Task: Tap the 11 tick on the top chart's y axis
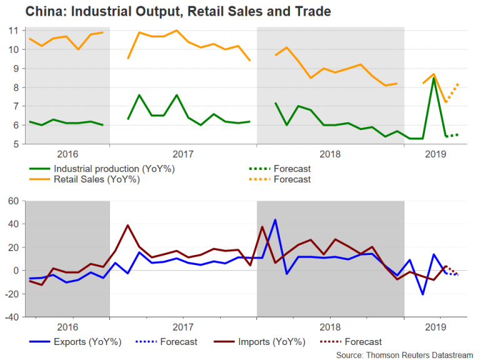point(13,30)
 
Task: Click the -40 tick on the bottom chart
point(11,317)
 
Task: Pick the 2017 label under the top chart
point(182,155)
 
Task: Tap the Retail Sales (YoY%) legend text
point(97,179)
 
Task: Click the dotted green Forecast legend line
point(259,169)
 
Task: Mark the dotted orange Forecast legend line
point(259,179)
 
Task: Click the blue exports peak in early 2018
point(275,220)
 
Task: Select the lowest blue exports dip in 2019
point(422,294)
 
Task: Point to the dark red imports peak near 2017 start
point(127,225)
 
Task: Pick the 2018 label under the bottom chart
point(329,327)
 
